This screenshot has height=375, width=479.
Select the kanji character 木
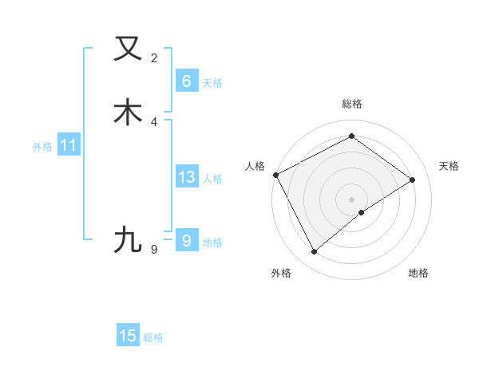(128, 112)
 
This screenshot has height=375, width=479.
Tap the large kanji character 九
(128, 239)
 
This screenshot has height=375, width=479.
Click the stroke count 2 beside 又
(154, 58)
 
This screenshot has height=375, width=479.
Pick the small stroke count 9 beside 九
(154, 250)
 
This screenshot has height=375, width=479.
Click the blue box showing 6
(186, 81)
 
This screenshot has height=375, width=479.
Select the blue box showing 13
(186, 177)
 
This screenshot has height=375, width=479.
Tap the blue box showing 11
(68, 146)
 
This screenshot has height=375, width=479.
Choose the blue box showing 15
(128, 336)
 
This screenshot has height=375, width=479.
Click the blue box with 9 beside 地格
(186, 240)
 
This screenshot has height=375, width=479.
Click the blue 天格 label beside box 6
(212, 83)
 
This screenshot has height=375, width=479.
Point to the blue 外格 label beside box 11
(42, 147)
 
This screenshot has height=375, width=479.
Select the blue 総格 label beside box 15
(153, 337)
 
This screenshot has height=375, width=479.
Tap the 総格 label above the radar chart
(351, 104)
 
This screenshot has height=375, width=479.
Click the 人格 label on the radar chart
(255, 166)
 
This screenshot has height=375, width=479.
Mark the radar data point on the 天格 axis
(413, 180)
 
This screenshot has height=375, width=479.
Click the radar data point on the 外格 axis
(314, 252)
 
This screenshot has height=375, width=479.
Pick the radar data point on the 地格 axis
(362, 212)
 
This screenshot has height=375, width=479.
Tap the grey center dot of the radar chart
(351, 199)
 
